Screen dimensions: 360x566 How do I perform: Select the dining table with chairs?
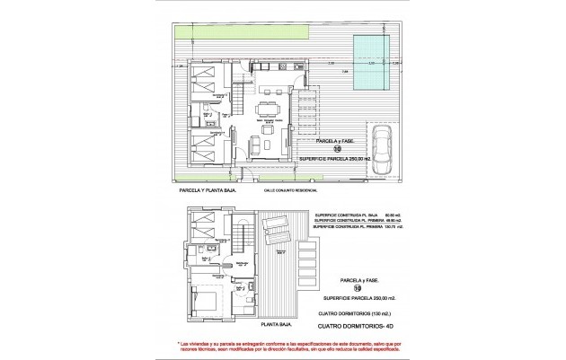pos(270,110)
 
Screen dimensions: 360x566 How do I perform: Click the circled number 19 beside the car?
pos(335,151)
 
